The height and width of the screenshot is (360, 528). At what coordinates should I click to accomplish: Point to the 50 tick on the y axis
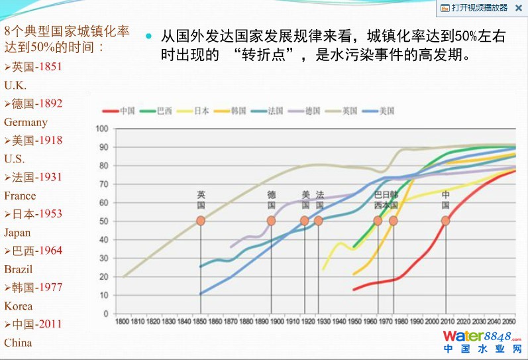pos(103,221)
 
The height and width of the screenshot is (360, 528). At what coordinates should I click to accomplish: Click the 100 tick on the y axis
pos(102,128)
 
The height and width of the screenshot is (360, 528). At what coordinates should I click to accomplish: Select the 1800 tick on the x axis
pos(123,322)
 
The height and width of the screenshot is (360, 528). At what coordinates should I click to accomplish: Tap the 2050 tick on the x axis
pos(508,322)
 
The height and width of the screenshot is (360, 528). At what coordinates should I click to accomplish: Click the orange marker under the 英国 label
pos(201,221)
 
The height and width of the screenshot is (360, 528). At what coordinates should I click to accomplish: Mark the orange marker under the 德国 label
pos(271,221)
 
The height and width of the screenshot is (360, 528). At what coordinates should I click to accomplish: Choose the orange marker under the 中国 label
pos(446,221)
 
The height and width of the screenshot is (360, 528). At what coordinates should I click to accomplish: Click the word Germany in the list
pos(26,122)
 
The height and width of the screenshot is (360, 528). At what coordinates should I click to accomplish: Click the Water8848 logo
pos(481,340)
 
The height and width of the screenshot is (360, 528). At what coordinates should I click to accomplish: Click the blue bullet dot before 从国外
pos(149,36)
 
